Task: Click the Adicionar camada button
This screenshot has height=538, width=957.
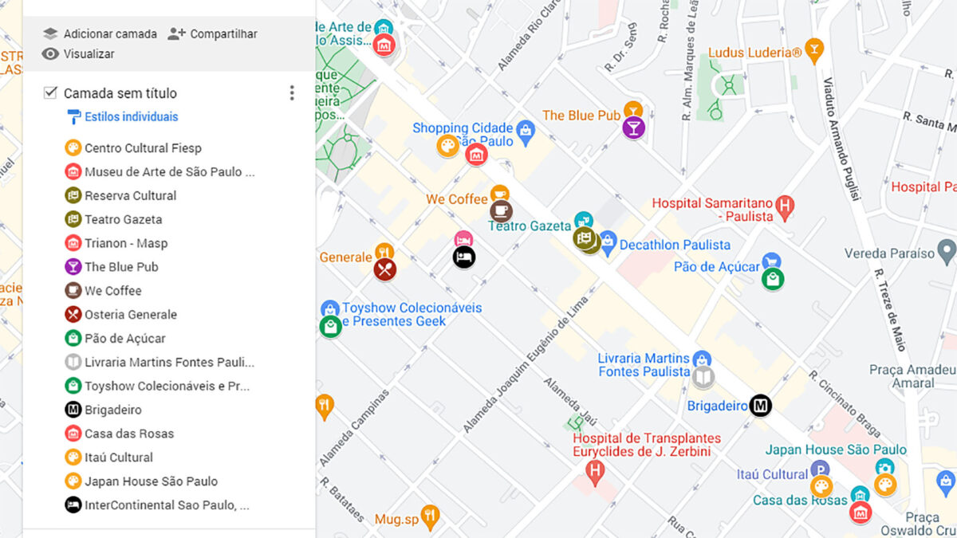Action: pos(100,33)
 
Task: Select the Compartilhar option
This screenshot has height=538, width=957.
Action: pos(213,33)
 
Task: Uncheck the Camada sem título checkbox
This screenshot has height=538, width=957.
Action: pos(50,93)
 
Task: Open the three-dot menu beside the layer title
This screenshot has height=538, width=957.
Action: pos(292,93)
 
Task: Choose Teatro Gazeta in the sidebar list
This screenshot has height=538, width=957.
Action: pos(123,219)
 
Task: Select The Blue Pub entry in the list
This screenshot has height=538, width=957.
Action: pos(121,267)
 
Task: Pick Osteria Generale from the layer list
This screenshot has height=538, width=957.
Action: pos(130,315)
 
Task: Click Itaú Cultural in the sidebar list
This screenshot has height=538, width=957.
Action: pos(119,457)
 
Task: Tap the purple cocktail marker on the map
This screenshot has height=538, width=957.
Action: pos(633,128)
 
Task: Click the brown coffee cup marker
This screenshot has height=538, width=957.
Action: pos(501,210)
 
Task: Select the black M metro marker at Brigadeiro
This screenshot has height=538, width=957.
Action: pos(761,406)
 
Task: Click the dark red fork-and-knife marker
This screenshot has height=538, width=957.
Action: pos(385,269)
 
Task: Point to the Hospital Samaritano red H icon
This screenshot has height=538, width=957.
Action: pos(786,209)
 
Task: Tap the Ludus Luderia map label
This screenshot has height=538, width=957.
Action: pos(754,53)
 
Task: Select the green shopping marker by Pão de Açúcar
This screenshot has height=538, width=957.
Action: pos(772,279)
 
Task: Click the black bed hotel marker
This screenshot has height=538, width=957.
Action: pos(463,257)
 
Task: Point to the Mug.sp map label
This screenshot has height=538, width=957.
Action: pos(396,520)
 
